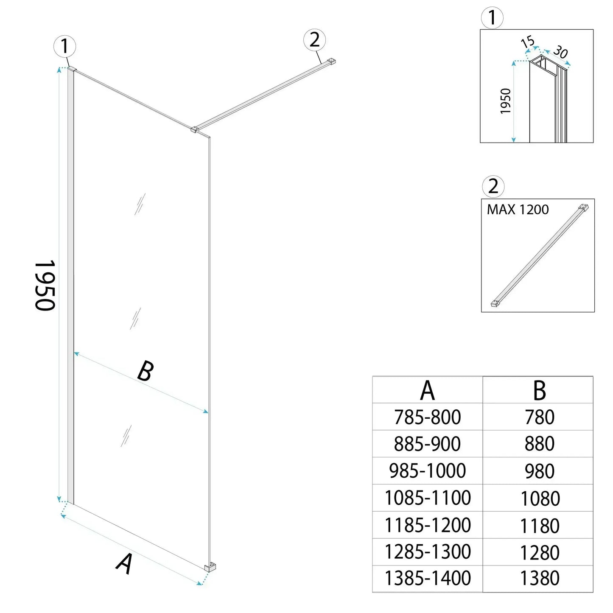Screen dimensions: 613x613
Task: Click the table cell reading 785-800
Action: tap(427, 417)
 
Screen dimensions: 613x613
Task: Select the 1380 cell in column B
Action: tap(540, 578)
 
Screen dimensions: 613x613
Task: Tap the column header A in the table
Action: tap(427, 390)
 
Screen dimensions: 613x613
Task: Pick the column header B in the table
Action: tap(539, 390)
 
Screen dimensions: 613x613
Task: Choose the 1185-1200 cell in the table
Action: tap(427, 525)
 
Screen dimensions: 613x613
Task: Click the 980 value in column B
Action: tap(540, 471)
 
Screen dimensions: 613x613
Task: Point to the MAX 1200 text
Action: tap(518, 210)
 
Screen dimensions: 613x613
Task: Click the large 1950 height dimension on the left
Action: tap(45, 285)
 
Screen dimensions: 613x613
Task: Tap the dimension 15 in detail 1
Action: tap(527, 42)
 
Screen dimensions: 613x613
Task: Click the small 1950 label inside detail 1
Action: tap(506, 101)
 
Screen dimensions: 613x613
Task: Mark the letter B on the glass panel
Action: tap(145, 371)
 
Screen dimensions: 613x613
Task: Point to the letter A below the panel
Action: tap(124, 563)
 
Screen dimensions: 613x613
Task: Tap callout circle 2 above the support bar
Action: tap(314, 40)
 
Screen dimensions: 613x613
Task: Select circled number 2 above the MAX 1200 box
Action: tap(493, 187)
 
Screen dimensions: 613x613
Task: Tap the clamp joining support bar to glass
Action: tap(195, 129)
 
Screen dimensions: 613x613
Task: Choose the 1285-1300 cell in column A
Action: tap(427, 552)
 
